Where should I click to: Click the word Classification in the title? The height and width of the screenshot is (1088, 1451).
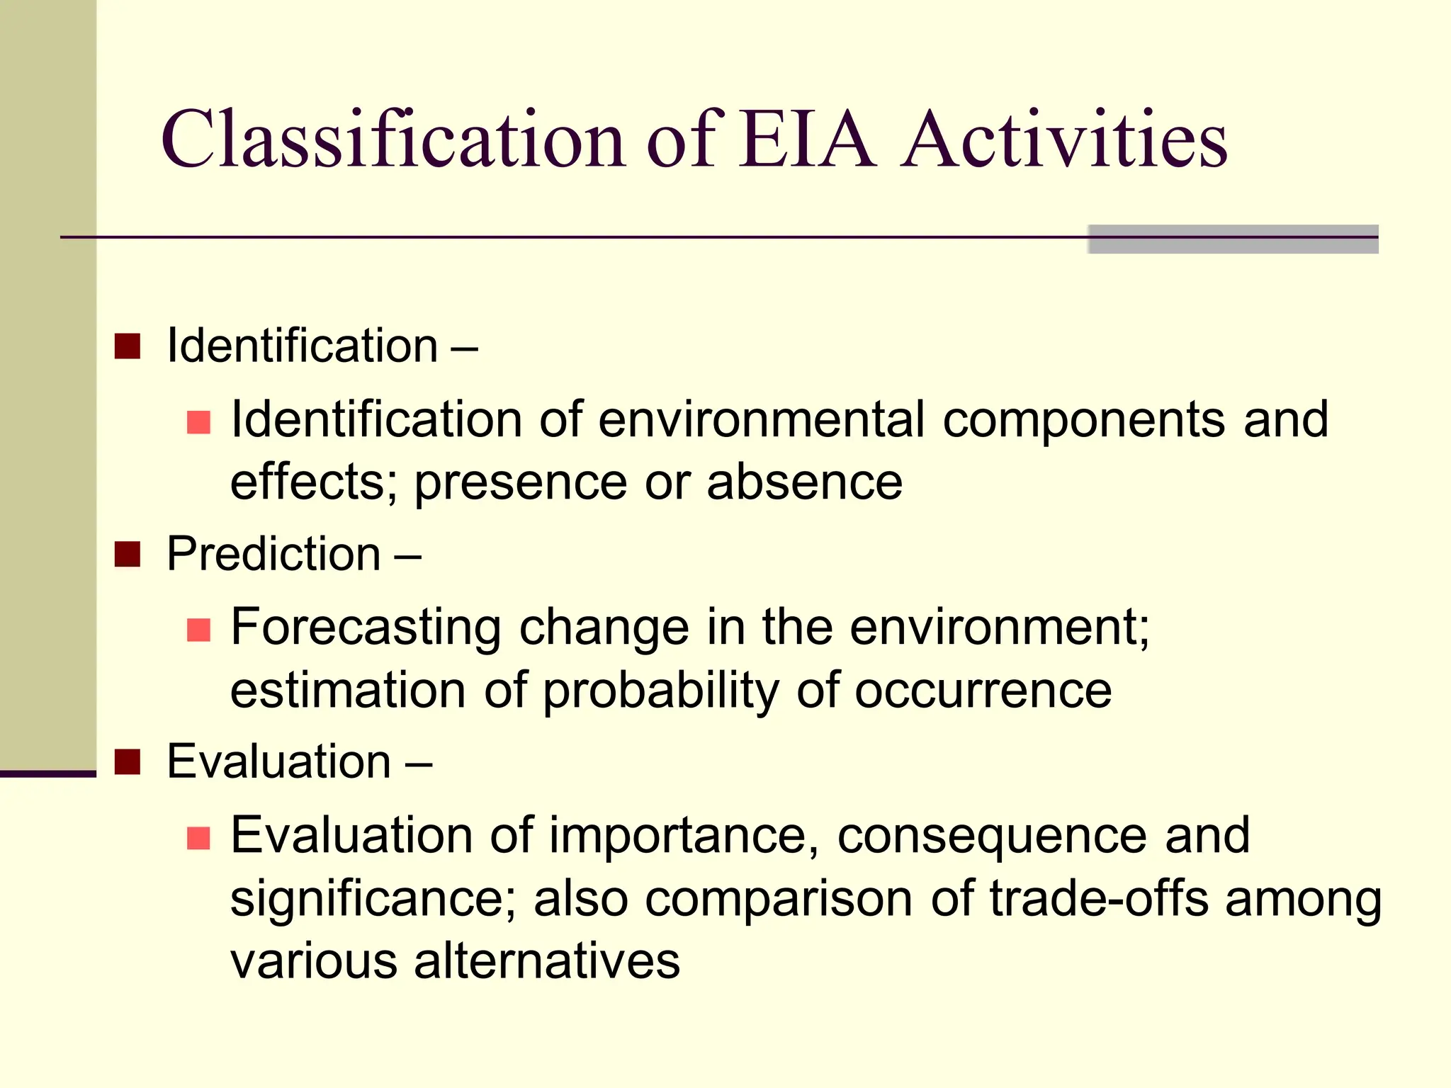coord(393,140)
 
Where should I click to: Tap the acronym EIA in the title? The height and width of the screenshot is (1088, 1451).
coord(807,140)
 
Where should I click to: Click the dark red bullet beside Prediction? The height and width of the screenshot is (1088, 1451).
coord(128,555)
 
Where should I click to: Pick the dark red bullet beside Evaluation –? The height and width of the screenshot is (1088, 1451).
coord(128,762)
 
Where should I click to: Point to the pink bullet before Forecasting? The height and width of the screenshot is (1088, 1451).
coord(198,630)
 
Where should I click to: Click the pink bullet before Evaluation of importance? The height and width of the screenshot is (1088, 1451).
coord(198,838)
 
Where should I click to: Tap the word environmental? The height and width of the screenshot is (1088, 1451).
coord(762,419)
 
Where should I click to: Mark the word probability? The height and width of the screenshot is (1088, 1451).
coord(660,691)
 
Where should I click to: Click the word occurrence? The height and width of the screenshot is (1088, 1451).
coord(983,691)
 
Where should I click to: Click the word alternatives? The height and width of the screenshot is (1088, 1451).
coord(547,961)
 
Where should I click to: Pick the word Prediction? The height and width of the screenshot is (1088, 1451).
coord(274,554)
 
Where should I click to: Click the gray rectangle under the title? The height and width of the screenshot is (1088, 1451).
coord(1233,239)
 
